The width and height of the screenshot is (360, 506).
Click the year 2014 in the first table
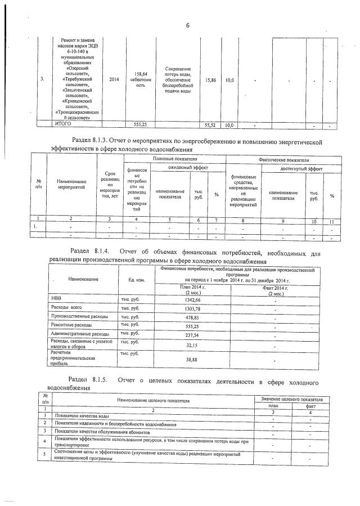coord(114,79)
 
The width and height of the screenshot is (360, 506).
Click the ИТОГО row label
coord(63,123)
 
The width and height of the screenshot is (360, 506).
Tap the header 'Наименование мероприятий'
coord(71,185)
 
